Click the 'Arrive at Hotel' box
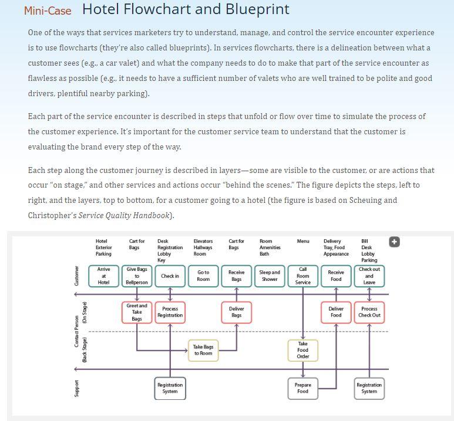tap(103, 276)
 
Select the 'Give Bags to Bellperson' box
tap(137, 276)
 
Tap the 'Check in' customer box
tap(170, 276)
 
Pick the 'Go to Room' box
tap(203, 276)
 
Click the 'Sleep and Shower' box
tap(270, 276)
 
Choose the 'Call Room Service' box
tap(303, 276)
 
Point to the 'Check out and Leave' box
tap(369, 276)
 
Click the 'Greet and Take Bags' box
tap(137, 312)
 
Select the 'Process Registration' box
tap(170, 312)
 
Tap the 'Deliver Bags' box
tap(236, 312)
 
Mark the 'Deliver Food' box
tap(336, 312)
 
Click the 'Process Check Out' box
tap(369, 312)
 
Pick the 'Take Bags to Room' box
tap(203, 350)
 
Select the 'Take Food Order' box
tap(303, 350)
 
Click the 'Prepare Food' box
tap(303, 388)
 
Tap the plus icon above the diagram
tap(394, 242)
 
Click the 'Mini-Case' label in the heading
tap(48, 11)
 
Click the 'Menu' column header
tap(303, 241)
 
